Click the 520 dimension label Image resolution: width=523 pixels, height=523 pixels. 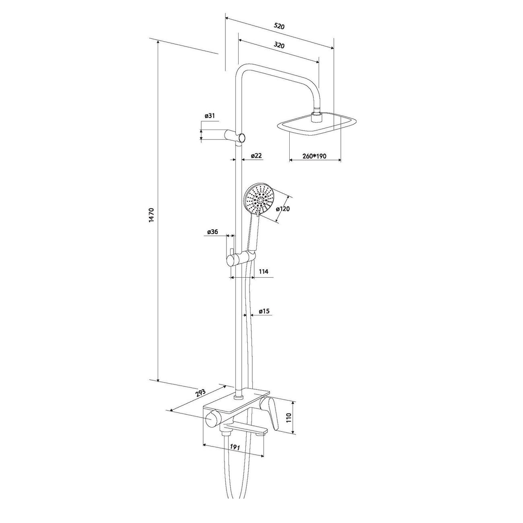click(x=279, y=26)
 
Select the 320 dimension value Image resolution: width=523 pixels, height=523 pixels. click(x=279, y=45)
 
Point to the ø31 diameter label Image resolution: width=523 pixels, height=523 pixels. click(x=210, y=116)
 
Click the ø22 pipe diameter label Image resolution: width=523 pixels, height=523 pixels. click(x=256, y=156)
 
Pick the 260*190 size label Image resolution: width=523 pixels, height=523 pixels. click(x=314, y=156)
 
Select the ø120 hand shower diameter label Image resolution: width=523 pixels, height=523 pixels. click(x=283, y=209)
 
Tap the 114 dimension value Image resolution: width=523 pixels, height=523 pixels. click(x=264, y=271)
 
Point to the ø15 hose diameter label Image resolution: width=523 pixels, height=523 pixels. click(x=264, y=311)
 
